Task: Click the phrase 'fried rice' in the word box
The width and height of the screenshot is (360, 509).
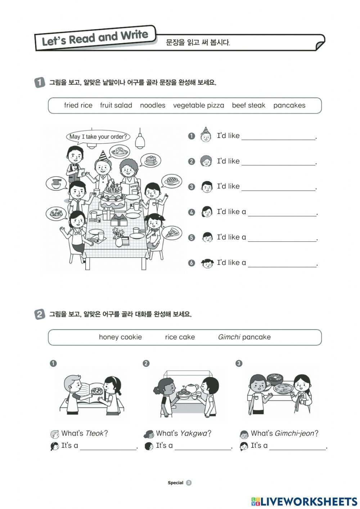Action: (x=78, y=105)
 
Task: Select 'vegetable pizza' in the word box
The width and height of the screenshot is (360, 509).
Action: (x=198, y=105)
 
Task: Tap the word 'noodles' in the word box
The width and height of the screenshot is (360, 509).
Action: (x=153, y=105)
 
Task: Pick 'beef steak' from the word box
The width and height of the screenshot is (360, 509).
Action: (x=248, y=105)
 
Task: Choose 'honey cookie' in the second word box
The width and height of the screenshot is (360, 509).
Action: (x=120, y=337)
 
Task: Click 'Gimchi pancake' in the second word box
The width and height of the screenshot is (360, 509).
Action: (x=244, y=337)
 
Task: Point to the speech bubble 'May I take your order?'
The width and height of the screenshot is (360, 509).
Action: (x=98, y=137)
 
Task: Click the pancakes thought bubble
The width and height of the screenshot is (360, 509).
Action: (x=150, y=160)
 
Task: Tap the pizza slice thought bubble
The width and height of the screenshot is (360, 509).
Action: (x=171, y=232)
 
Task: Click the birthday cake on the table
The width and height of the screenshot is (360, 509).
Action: (x=113, y=196)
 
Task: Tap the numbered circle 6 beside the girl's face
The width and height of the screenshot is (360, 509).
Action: (x=192, y=263)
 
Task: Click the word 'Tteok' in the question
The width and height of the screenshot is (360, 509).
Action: (x=94, y=433)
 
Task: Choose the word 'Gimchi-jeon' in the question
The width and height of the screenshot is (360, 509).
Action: (x=294, y=433)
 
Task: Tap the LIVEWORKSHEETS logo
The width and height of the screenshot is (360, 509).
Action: (x=304, y=501)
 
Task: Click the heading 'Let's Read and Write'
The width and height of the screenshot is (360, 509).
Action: (x=95, y=38)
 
